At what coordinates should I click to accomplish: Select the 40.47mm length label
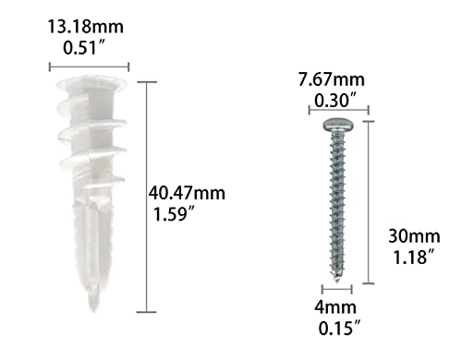coord(187,194)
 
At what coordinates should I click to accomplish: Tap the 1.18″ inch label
coord(407,258)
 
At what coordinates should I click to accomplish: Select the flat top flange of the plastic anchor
coord(87,86)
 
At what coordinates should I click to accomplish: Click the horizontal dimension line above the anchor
coord(88,66)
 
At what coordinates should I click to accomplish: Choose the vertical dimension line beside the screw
coord(370,201)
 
